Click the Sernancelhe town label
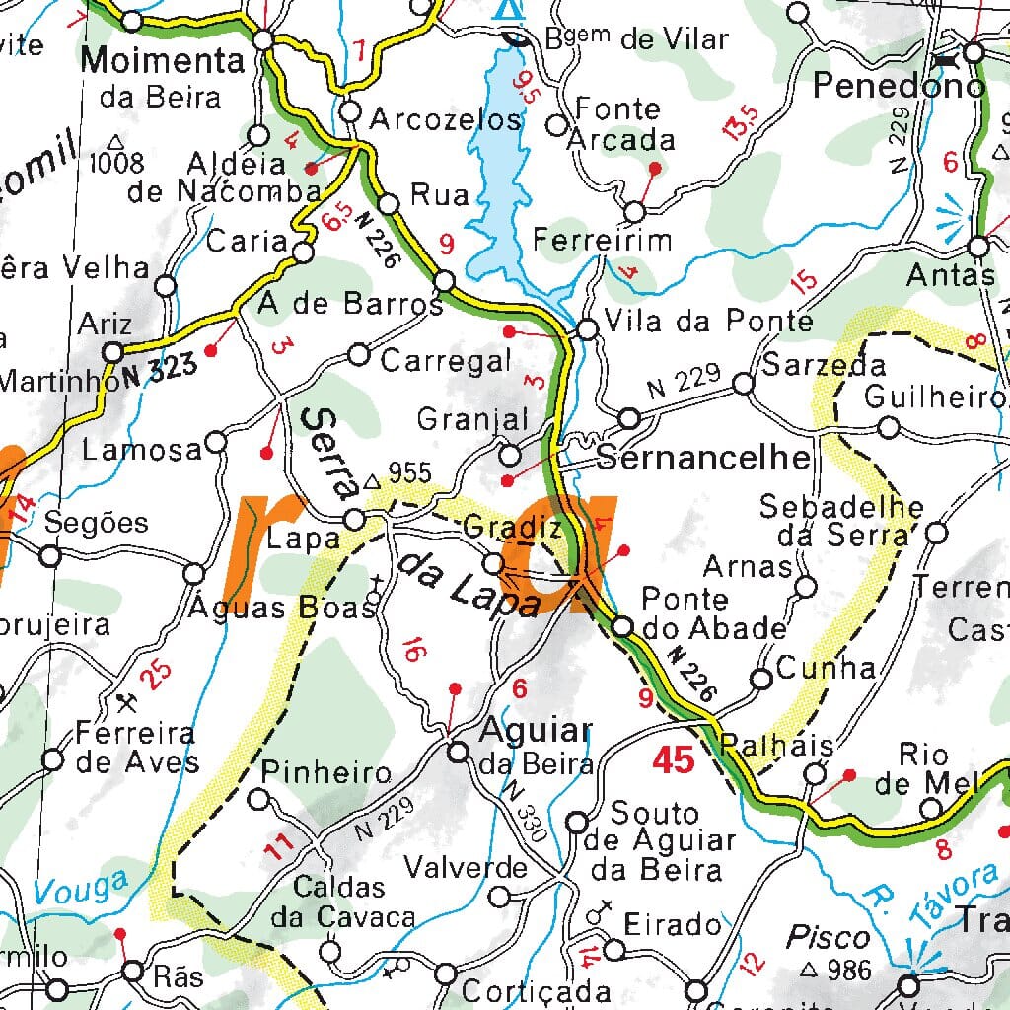pos(704,458)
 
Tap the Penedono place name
pos(899,86)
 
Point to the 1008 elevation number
pos(115,163)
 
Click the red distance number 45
pos(673,760)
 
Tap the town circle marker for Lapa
pos(354,519)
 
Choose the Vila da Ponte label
pos(708,322)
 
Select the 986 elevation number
pos(847,970)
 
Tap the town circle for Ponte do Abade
pos(622,626)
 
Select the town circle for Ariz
pos(113,352)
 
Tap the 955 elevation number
pos(408,473)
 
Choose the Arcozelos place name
pos(444,120)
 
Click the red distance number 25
pos(155,674)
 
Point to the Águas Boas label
pos(285,606)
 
